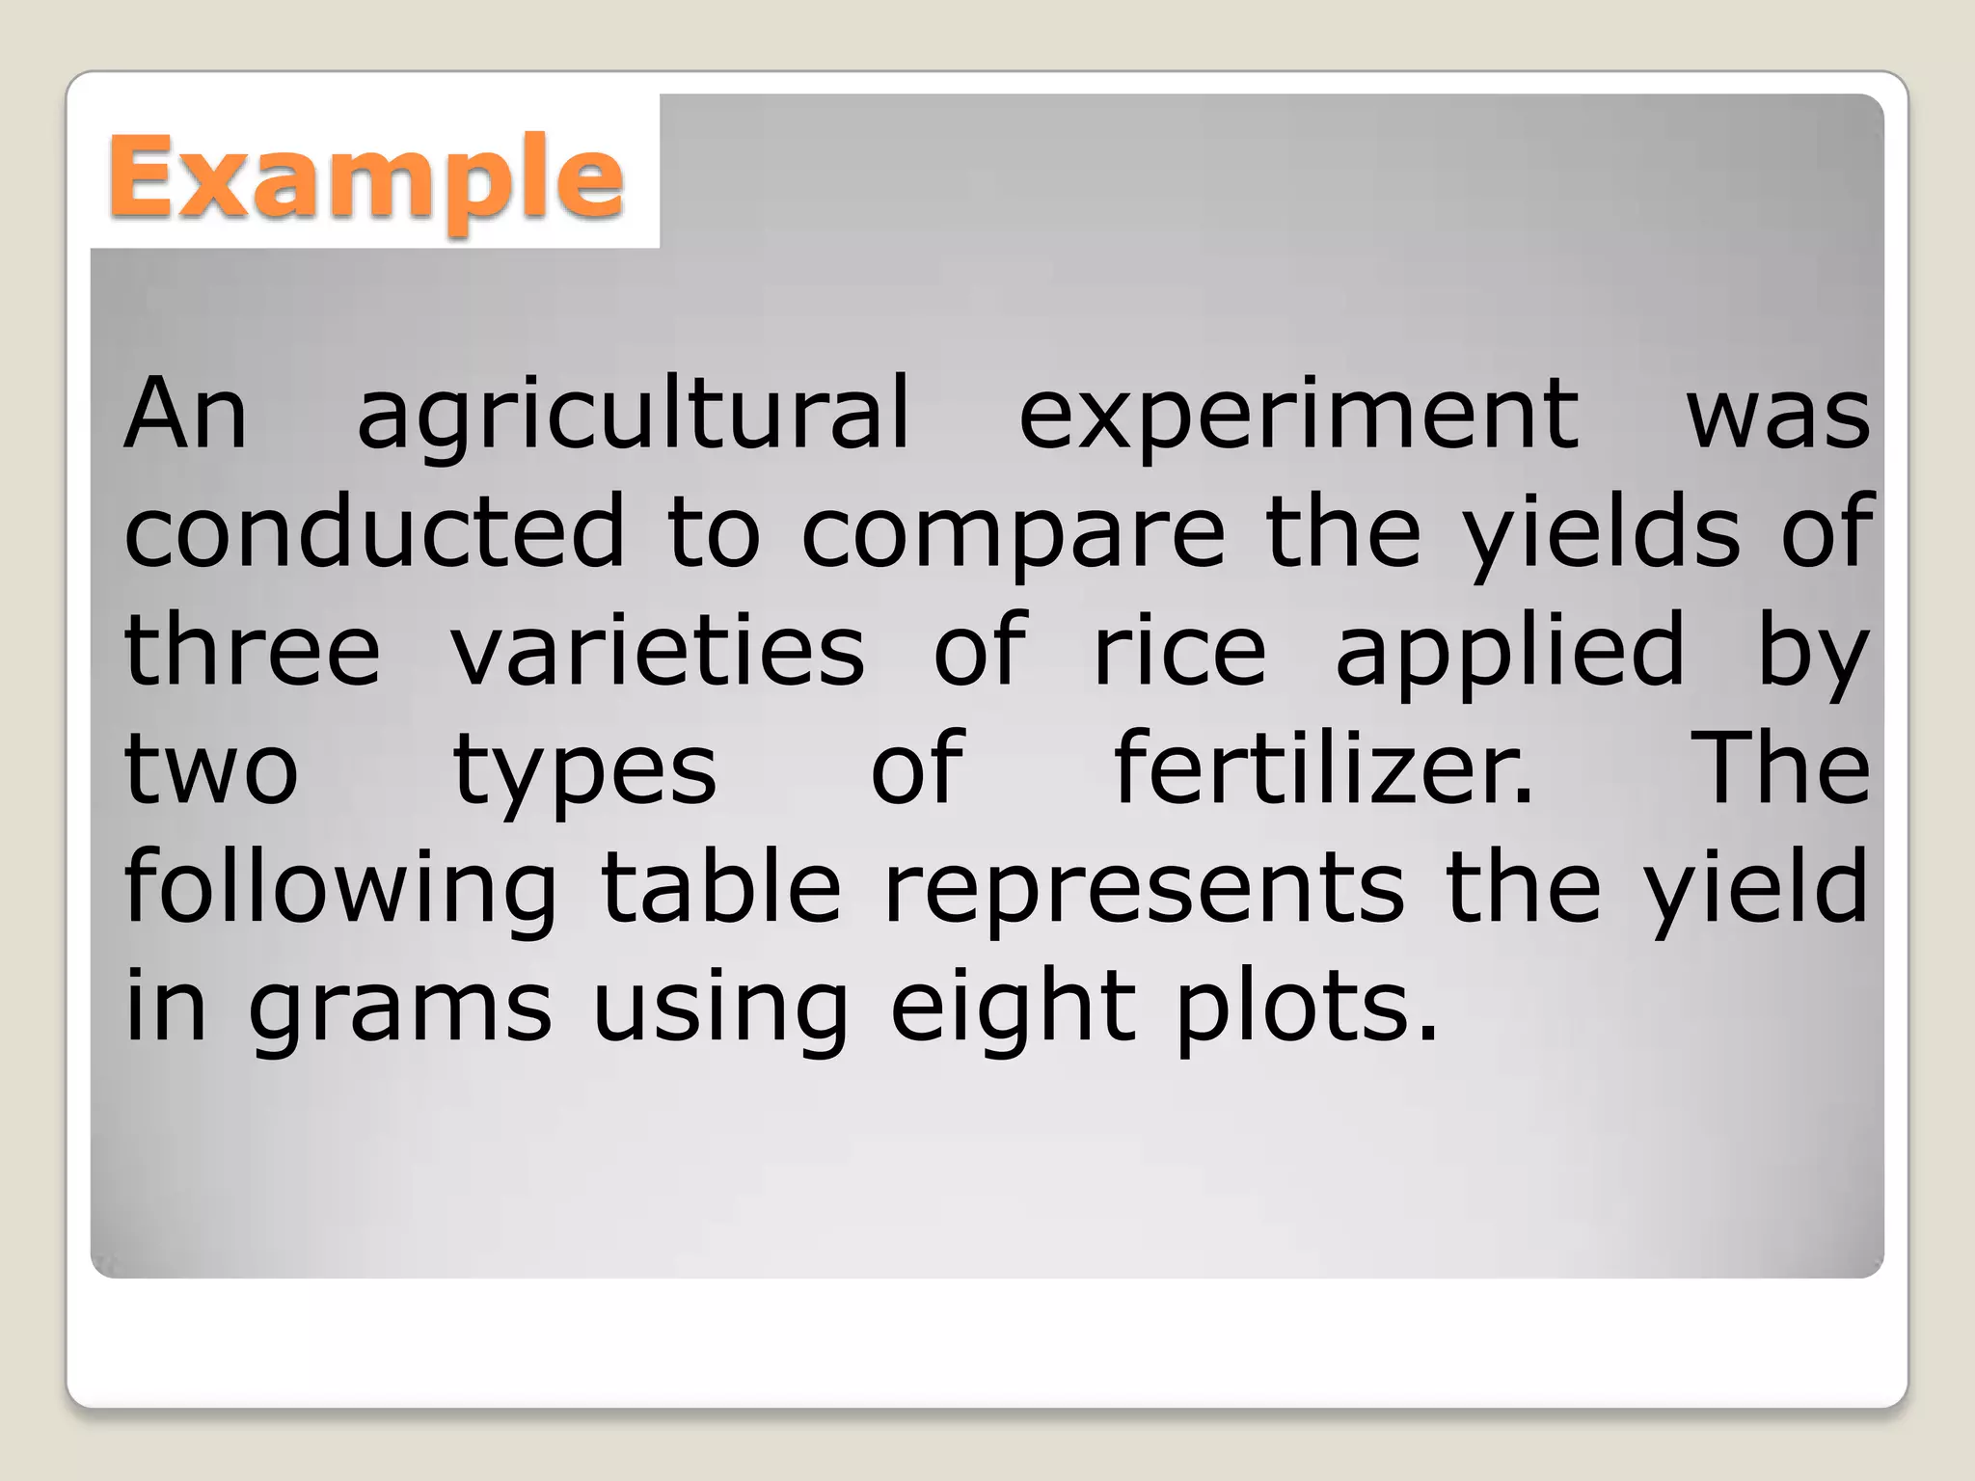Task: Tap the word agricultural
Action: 634,415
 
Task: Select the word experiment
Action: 1299,415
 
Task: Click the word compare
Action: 1014,532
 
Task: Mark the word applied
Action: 1510,652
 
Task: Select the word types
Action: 584,771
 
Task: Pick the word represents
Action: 1144,889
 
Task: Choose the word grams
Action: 399,1009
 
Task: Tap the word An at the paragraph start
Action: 185,415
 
